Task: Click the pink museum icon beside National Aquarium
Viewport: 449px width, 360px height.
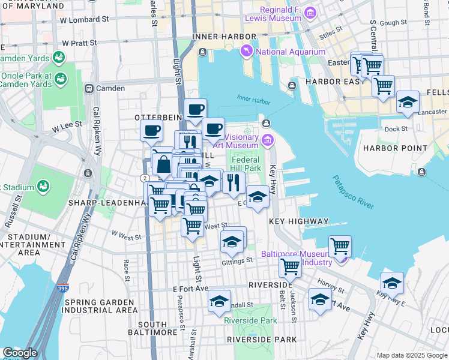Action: tap(247, 52)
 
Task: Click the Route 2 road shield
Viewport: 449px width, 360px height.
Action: tap(145, 178)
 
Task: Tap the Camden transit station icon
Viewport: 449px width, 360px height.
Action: tap(89, 88)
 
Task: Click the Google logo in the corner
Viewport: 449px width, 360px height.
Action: tap(20, 353)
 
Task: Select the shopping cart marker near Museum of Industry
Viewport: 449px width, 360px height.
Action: tap(340, 245)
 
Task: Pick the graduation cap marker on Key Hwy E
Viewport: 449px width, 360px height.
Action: tap(392, 282)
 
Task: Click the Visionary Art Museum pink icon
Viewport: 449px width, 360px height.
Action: tap(267, 141)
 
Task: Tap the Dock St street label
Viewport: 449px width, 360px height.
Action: tap(396, 128)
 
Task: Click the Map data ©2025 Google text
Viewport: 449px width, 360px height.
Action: tap(411, 355)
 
